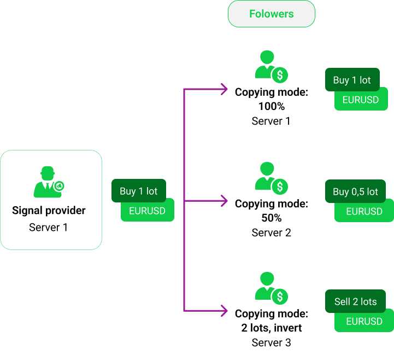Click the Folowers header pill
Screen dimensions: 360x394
[271, 14]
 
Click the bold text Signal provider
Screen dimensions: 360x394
[49, 211]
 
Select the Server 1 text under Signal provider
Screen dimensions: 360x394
[49, 227]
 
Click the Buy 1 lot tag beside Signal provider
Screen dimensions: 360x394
[138, 191]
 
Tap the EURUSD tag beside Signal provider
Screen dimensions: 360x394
[148, 211]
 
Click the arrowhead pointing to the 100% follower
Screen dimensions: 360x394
[223, 89]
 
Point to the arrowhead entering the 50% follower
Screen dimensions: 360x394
[223, 201]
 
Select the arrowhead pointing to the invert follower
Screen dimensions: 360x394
[223, 310]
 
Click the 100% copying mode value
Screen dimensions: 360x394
[271, 106]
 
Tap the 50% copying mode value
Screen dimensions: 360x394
[271, 218]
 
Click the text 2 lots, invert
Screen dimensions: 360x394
[271, 328]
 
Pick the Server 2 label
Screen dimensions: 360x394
[271, 233]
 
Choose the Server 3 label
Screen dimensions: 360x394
[271, 343]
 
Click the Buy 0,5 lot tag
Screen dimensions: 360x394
[355, 191]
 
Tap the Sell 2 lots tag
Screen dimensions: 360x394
[355, 301]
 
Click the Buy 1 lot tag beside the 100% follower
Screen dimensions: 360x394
[352, 80]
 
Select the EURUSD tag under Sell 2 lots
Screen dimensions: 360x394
[364, 321]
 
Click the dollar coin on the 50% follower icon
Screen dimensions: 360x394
[280, 187]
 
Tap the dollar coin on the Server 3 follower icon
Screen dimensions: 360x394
[280, 297]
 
